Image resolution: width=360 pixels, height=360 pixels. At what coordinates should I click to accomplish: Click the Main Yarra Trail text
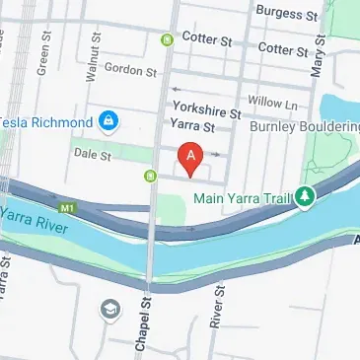point(243,198)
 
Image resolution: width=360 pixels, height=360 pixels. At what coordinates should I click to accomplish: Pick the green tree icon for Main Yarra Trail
point(306,197)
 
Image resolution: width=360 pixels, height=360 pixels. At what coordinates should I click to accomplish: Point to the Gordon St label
point(130,72)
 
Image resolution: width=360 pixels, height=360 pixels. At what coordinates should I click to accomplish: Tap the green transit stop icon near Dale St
point(150,177)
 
